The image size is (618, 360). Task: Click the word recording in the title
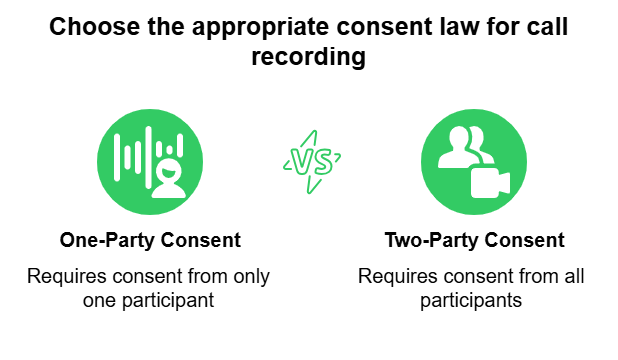pyautogui.click(x=308, y=58)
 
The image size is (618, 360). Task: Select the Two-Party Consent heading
pyautogui.click(x=474, y=241)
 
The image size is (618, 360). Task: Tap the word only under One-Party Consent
pyautogui.click(x=250, y=276)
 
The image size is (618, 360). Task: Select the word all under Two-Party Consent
pyautogui.click(x=572, y=276)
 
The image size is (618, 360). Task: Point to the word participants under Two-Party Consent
pyautogui.click(x=474, y=300)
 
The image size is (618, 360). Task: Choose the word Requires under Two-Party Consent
pyautogui.click(x=392, y=276)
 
